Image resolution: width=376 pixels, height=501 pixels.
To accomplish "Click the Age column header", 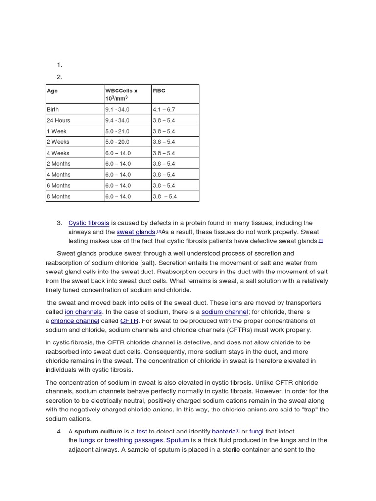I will click(x=52, y=91).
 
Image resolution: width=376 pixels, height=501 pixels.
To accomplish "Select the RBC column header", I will click(x=159, y=91).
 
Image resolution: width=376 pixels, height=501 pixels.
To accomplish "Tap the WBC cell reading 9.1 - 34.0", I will click(x=117, y=110).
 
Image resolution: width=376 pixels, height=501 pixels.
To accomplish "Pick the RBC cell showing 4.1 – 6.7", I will click(x=164, y=110).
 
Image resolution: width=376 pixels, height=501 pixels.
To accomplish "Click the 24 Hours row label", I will click(x=58, y=120).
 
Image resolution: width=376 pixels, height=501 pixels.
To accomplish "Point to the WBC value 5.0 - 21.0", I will click(x=117, y=131).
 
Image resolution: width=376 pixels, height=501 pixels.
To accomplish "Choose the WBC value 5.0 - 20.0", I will click(x=117, y=142).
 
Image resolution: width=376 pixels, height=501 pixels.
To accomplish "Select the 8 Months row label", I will click(x=58, y=196).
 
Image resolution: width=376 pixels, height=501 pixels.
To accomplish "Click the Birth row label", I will click(x=52, y=110).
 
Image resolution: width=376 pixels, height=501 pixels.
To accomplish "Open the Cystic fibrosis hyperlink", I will click(x=89, y=223).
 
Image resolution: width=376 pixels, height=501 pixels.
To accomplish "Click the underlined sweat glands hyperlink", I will click(x=136, y=232).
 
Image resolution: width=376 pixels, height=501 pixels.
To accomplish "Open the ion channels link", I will click(x=83, y=312).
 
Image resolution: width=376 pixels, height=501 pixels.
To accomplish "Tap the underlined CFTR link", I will click(x=129, y=321).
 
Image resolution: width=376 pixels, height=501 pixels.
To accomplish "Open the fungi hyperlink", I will click(x=257, y=431).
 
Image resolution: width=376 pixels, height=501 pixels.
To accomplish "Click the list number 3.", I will click(x=59, y=223).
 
